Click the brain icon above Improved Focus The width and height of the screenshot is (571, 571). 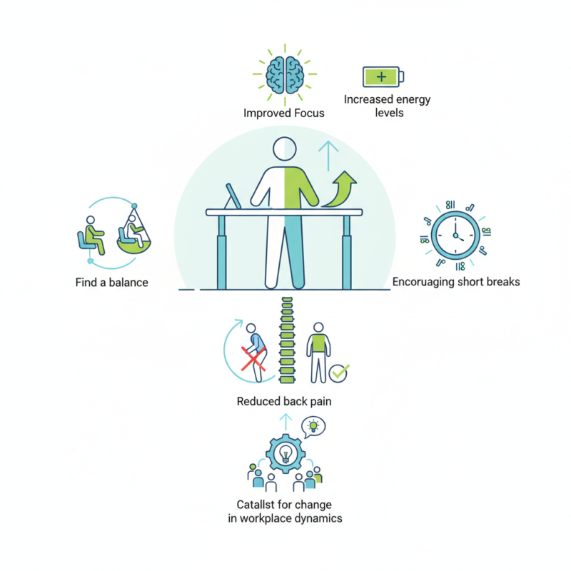(285, 76)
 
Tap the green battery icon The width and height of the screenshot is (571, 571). (383, 76)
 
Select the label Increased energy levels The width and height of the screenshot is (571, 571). (388, 106)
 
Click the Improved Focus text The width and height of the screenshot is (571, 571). (284, 113)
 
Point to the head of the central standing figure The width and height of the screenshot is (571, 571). (285, 148)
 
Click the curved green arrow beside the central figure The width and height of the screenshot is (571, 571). (340, 189)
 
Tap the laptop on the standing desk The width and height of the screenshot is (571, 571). (233, 197)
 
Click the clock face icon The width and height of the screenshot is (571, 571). (455, 236)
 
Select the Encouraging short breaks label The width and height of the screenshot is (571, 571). (456, 282)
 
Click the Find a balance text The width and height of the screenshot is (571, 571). (112, 283)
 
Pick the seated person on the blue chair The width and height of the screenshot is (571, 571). (91, 236)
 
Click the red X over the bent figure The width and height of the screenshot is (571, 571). (254, 359)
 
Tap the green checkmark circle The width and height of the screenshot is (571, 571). (338, 373)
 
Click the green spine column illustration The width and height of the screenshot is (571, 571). (288, 340)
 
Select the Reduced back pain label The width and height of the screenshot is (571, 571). (284, 401)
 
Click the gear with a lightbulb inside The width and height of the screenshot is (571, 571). (285, 453)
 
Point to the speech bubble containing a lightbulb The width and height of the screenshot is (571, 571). (313, 426)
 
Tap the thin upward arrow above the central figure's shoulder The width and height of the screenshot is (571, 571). (328, 156)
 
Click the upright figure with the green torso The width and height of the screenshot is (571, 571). (318, 353)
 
